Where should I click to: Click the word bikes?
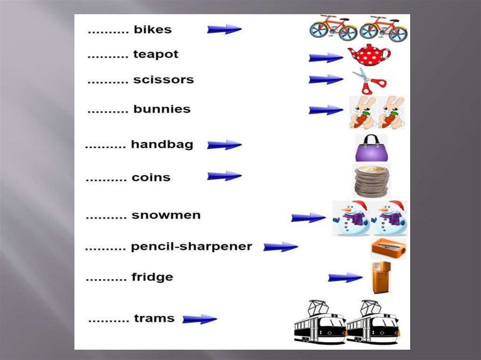(153, 30)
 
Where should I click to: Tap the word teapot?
(156, 54)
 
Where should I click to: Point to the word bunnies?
(162, 109)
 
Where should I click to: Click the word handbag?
(162, 145)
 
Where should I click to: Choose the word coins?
(151, 178)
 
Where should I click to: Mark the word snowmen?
(166, 215)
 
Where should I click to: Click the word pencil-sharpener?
(192, 246)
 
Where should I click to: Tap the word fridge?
(152, 277)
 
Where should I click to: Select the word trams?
(154, 318)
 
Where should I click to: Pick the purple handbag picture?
(371, 148)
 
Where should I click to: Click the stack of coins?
(371, 181)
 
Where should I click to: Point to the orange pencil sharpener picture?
(388, 248)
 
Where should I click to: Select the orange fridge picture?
(380, 277)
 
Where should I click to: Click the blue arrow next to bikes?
(224, 30)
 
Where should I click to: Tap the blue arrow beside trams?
(200, 319)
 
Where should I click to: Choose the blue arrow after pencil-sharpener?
(280, 247)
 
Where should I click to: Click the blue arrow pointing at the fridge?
(345, 278)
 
